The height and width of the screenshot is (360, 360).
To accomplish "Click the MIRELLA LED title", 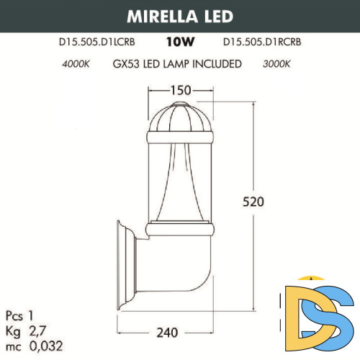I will pos(180,16).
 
